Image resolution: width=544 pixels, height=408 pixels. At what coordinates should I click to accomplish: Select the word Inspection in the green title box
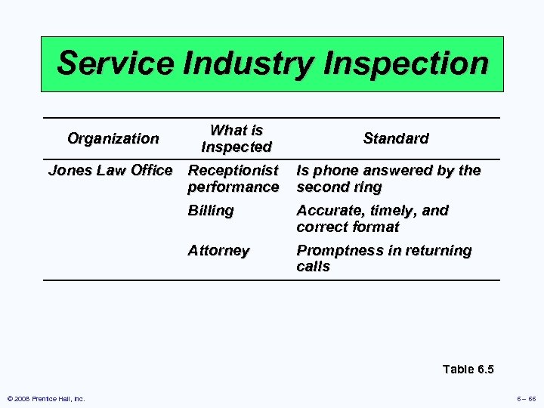(407, 63)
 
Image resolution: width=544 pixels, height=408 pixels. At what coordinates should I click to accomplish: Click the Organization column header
(113, 138)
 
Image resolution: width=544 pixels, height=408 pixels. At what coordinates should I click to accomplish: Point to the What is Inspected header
(236, 138)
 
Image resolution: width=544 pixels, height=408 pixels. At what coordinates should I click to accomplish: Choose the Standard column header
(395, 138)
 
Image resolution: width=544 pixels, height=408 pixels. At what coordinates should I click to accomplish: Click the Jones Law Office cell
(110, 170)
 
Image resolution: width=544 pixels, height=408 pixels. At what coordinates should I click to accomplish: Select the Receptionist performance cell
(233, 178)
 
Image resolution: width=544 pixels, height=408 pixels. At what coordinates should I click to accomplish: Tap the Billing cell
(211, 210)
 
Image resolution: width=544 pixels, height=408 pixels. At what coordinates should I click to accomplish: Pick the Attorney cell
(218, 250)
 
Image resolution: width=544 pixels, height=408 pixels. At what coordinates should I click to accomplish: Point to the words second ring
(339, 187)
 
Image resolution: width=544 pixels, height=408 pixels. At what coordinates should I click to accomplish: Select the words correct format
(348, 227)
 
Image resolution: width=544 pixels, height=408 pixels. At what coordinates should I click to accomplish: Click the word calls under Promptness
(314, 267)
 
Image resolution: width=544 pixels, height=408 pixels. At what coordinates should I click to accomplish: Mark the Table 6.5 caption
(468, 369)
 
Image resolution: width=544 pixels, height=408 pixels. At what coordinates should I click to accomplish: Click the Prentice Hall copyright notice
(46, 399)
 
